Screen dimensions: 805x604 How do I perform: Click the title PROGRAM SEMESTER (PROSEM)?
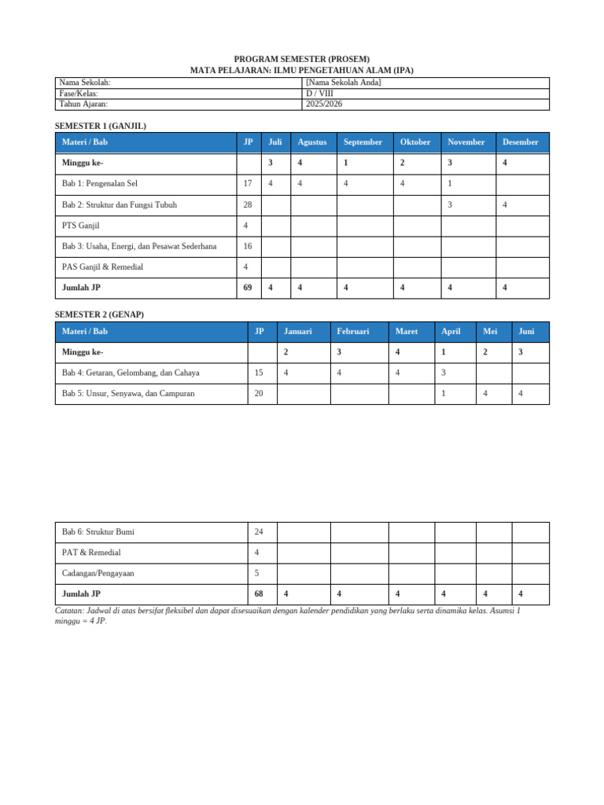pos(302,59)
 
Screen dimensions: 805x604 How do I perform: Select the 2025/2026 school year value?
pos(324,104)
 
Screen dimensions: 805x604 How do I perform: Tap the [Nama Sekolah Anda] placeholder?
pos(343,83)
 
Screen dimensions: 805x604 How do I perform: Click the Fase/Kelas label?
pos(79,94)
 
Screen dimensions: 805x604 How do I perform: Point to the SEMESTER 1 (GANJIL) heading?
pos(101,126)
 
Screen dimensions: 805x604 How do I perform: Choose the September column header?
pos(363,142)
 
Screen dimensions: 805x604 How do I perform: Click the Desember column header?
pos(521,142)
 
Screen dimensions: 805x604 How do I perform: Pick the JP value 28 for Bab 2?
pos(248,205)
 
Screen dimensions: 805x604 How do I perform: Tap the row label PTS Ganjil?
pos(80,226)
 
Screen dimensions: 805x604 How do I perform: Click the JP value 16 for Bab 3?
pos(248,246)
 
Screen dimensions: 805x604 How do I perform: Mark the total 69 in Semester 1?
pos(248,288)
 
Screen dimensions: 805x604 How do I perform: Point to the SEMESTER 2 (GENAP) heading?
pos(99,314)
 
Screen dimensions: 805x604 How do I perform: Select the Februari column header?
pos(353,332)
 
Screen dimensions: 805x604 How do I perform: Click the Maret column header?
pos(407,332)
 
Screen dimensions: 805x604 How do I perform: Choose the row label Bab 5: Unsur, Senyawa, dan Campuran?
pos(128,394)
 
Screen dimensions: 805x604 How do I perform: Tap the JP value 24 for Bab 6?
pos(260,532)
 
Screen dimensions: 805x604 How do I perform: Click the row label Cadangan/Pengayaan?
pos(98,573)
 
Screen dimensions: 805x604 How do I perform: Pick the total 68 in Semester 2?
pos(260,594)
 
